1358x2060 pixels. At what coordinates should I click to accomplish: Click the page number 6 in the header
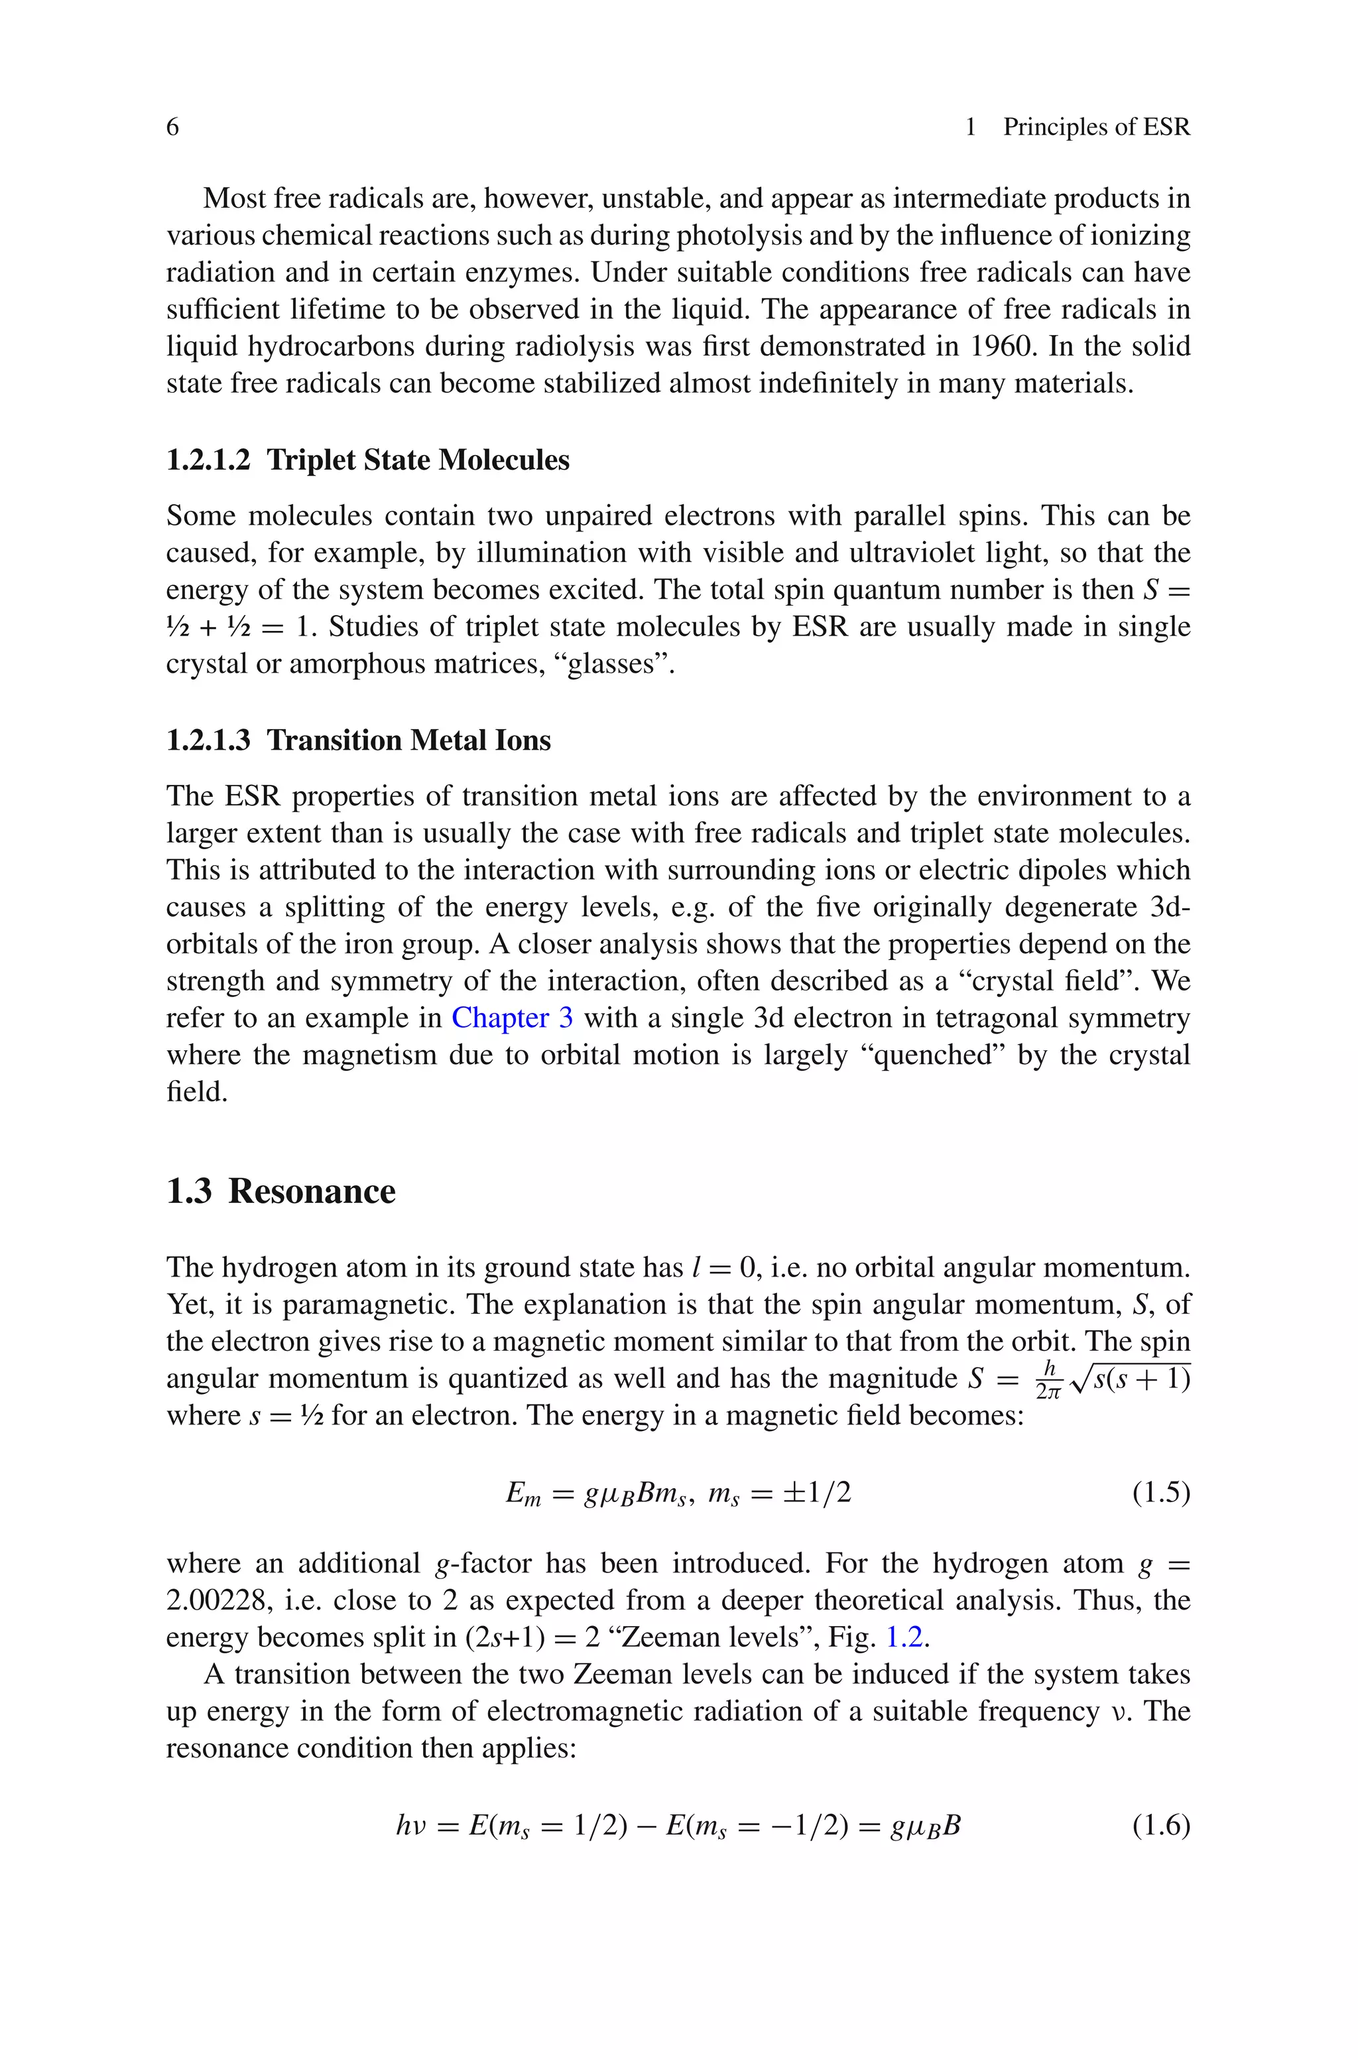coord(172,127)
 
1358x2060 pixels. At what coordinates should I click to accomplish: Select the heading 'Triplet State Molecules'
coord(418,460)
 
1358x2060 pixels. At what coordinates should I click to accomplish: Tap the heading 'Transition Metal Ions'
coord(408,740)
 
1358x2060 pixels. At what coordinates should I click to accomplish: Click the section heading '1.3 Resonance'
coord(280,1192)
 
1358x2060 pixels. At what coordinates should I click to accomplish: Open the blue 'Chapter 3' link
coord(512,1018)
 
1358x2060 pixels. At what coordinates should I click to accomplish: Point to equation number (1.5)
coord(1160,1493)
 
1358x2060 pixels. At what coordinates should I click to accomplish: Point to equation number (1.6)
coord(1160,1825)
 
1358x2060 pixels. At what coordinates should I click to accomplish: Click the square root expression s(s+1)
coord(1135,1378)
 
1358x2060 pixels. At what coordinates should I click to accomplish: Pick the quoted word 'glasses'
coord(612,664)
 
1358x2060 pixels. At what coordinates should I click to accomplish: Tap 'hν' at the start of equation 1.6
coord(412,1826)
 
